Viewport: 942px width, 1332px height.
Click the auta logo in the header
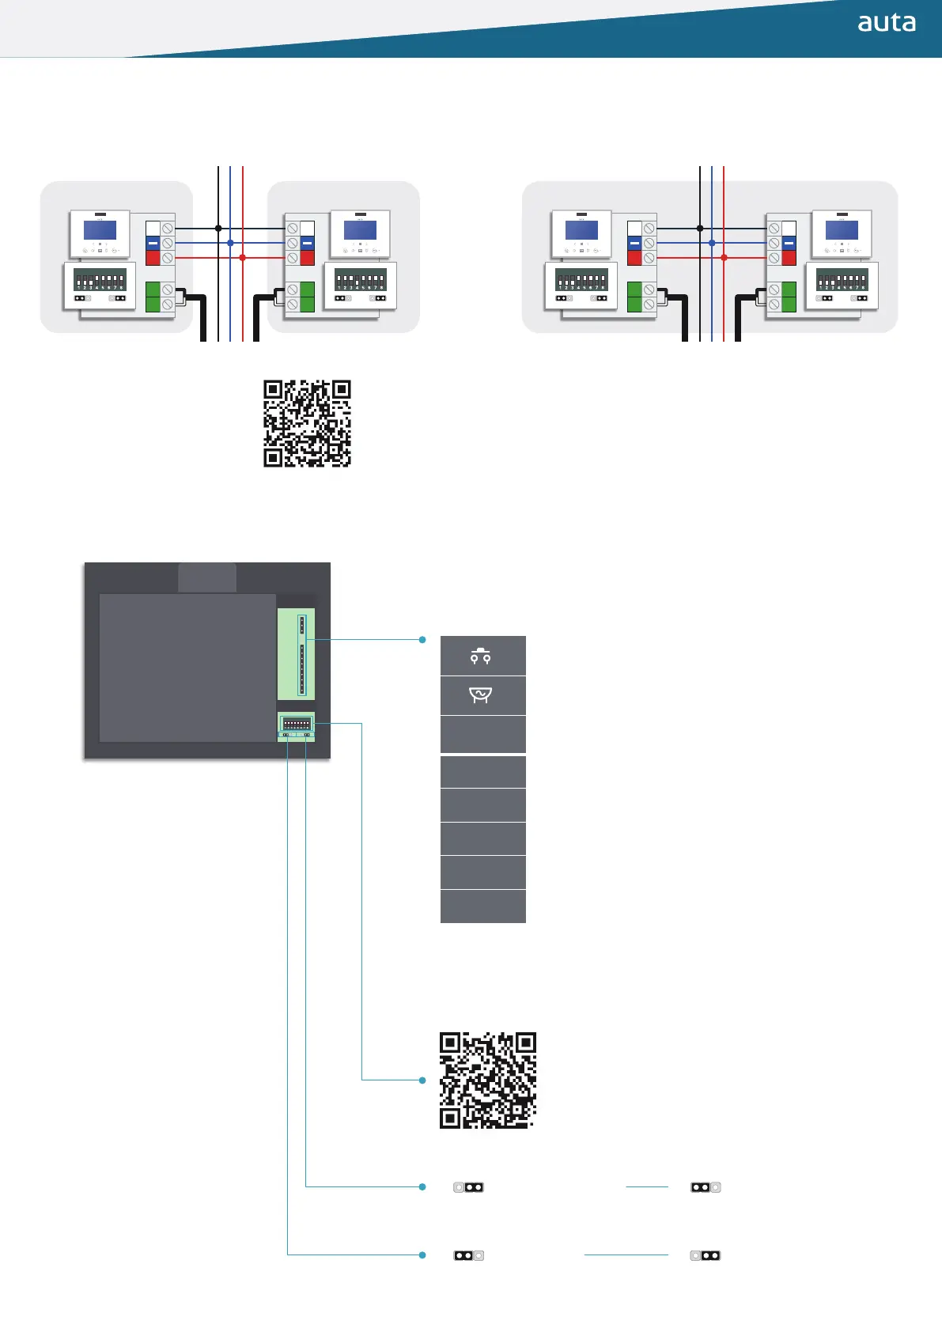pyautogui.click(x=887, y=23)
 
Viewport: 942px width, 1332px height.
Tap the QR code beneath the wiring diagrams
pyautogui.click(x=307, y=423)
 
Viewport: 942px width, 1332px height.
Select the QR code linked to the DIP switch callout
pyautogui.click(x=487, y=1080)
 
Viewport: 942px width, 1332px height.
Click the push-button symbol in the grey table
pyautogui.click(x=481, y=656)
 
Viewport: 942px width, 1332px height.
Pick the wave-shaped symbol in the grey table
pyautogui.click(x=481, y=694)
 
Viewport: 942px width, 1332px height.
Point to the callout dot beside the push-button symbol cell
pyautogui.click(x=422, y=639)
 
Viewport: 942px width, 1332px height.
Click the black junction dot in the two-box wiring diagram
pyautogui.click(x=218, y=229)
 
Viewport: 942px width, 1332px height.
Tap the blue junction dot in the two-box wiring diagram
pyautogui.click(x=230, y=243)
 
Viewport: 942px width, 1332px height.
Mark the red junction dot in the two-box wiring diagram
pyautogui.click(x=242, y=258)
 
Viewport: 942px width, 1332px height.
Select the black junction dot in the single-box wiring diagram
pyautogui.click(x=700, y=229)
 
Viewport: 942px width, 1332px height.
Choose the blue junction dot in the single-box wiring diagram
pyautogui.click(x=712, y=243)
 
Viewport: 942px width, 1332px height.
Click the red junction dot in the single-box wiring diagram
pyautogui.click(x=724, y=258)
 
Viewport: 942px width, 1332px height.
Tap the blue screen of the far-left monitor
pyautogui.click(x=100, y=230)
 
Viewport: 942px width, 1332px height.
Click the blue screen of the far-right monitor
pyautogui.click(x=842, y=230)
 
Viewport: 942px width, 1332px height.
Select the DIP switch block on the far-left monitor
pyautogui.click(x=100, y=280)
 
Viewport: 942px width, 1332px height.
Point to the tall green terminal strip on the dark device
pyautogui.click(x=297, y=654)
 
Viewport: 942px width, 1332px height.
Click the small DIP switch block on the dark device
pyautogui.click(x=297, y=723)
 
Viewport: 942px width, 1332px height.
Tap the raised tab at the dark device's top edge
pyautogui.click(x=207, y=577)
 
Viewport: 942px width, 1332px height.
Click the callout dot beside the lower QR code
pyautogui.click(x=422, y=1080)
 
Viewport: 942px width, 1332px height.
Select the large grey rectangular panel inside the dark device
pyautogui.click(x=187, y=668)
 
